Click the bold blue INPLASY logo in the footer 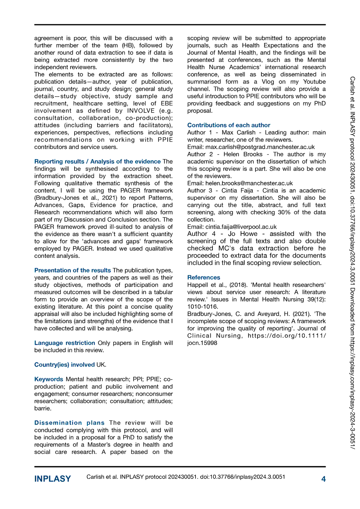pos(53,479)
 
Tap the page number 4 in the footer pos(324,479)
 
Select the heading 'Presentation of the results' pos(73,270)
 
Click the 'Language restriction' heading pos(64,343)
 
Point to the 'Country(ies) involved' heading pos(64,364)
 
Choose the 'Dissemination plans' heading pos(70,422)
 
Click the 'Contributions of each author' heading pos(229,125)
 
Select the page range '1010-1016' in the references pos(201,307)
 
